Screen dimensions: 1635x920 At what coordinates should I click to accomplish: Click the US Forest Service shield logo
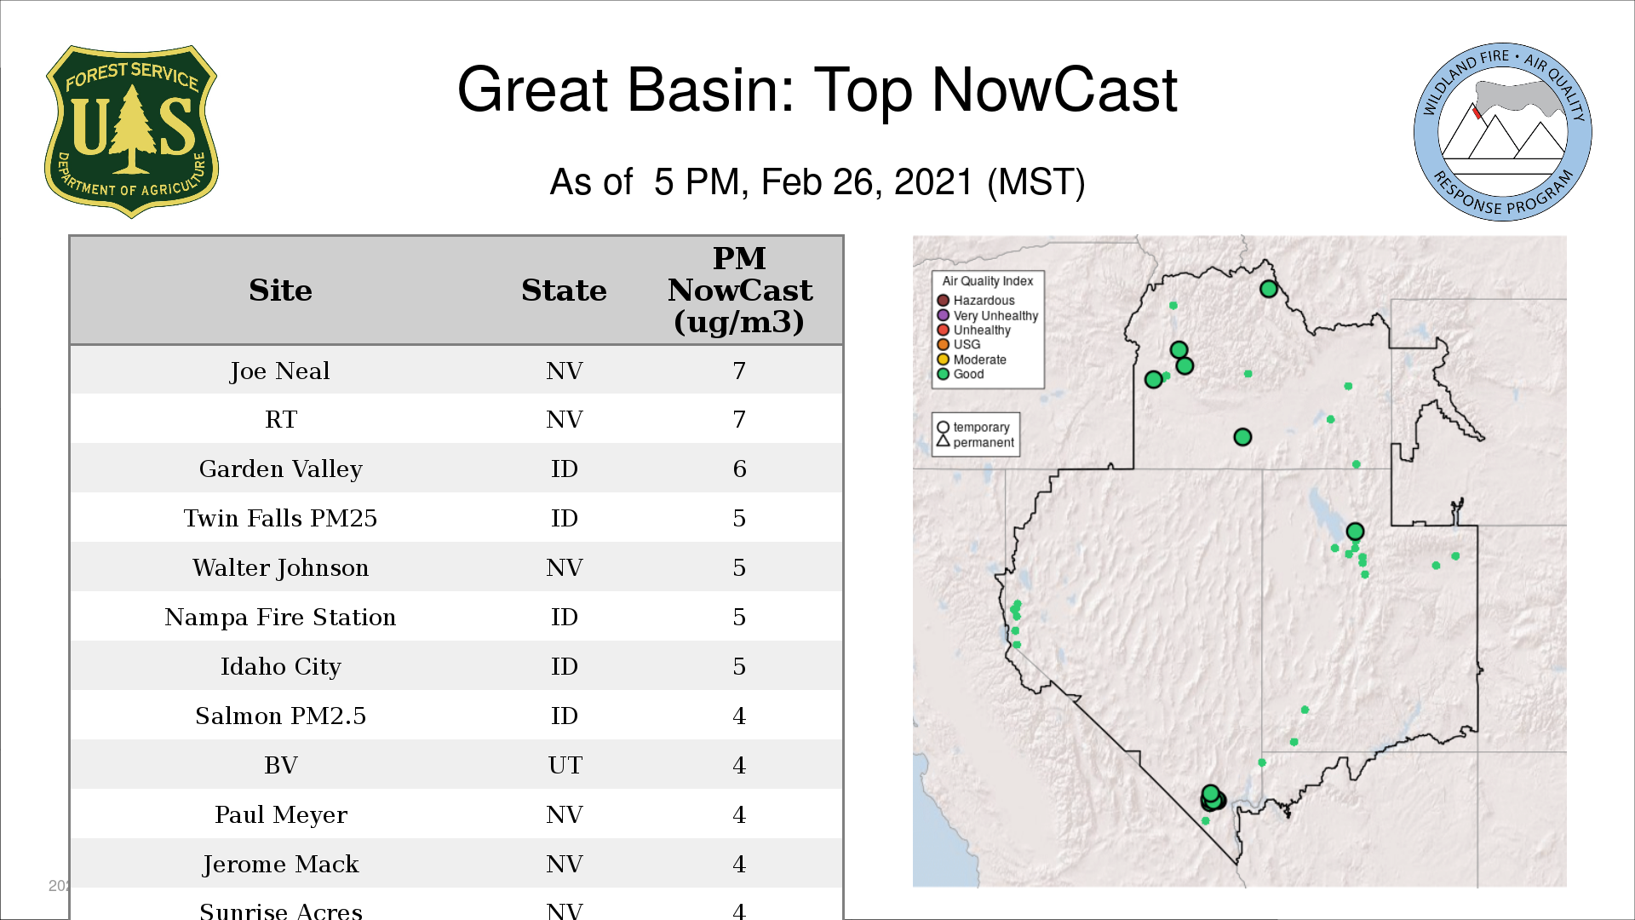(x=131, y=132)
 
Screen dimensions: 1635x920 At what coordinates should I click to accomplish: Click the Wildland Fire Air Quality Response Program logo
(x=1503, y=132)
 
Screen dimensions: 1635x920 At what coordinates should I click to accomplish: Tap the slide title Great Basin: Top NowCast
(x=817, y=89)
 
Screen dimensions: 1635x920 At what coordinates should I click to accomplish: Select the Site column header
(x=280, y=290)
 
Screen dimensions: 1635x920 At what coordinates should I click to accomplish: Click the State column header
(x=564, y=290)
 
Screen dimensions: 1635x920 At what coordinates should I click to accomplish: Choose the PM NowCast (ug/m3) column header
(x=739, y=290)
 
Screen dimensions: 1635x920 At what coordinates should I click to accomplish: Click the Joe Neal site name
(x=280, y=371)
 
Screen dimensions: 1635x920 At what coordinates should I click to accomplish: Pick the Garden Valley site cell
(x=280, y=469)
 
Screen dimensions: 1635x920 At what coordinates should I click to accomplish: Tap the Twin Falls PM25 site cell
(x=280, y=518)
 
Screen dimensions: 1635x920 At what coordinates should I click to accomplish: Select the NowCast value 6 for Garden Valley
(x=739, y=469)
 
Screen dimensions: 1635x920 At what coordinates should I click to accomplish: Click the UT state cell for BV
(x=565, y=765)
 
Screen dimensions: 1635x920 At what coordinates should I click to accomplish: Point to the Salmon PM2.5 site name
(x=280, y=716)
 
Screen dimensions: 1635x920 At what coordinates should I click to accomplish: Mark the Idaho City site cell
(x=280, y=666)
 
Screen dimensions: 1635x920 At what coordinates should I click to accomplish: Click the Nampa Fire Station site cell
(x=280, y=617)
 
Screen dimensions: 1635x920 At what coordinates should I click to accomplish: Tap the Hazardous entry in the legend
(x=976, y=301)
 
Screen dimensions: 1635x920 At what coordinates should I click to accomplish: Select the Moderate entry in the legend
(x=972, y=359)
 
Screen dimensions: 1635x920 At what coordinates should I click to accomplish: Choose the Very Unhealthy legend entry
(x=988, y=315)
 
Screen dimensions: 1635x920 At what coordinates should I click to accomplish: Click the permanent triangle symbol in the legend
(x=943, y=440)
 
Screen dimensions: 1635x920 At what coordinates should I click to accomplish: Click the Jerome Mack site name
(x=280, y=864)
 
